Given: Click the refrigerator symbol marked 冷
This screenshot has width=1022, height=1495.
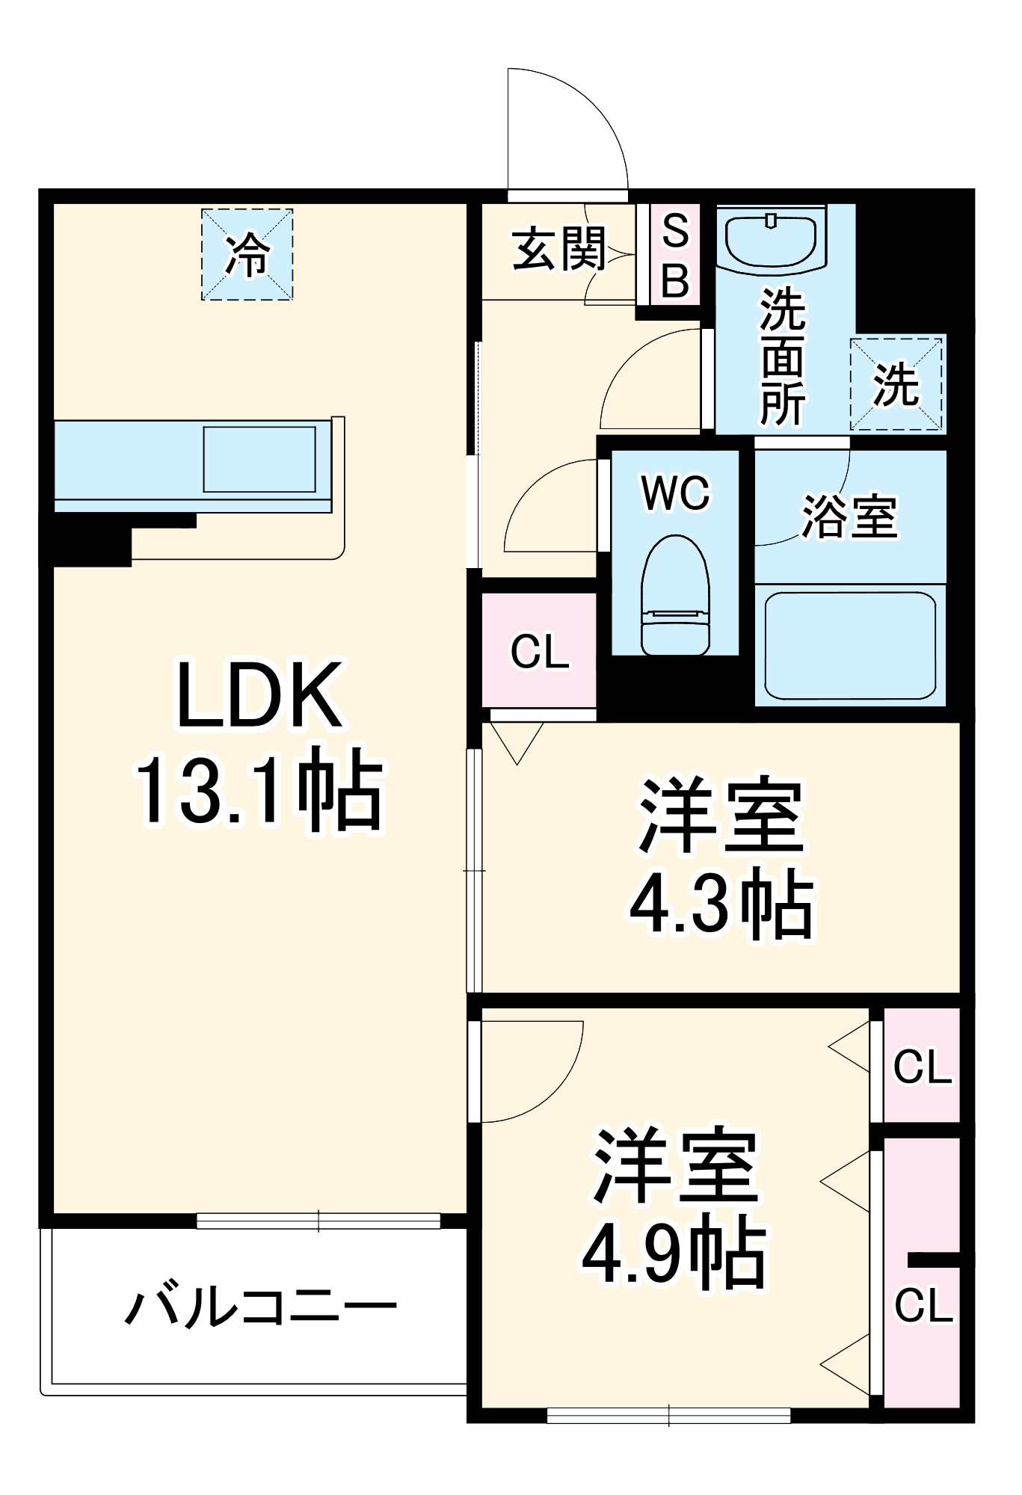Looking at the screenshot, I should click(247, 255).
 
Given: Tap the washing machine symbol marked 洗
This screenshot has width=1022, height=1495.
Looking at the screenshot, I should click(896, 384).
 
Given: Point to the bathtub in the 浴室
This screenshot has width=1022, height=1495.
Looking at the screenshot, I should click(850, 645).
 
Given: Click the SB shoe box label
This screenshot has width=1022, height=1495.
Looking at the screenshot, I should click(675, 255).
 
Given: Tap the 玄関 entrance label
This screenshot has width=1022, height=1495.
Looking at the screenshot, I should click(558, 249).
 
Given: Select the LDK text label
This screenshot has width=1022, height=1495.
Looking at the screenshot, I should click(259, 695).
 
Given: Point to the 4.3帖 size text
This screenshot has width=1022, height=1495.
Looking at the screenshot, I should click(721, 903).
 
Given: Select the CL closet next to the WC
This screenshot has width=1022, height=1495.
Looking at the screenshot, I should click(539, 650).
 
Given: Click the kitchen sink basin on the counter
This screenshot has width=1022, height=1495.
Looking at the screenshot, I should click(259, 459).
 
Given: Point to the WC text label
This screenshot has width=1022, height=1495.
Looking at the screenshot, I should click(675, 493).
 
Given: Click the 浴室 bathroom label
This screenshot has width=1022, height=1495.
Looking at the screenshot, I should click(849, 516).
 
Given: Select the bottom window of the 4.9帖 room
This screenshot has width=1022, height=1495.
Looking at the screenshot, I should click(668, 1415).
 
